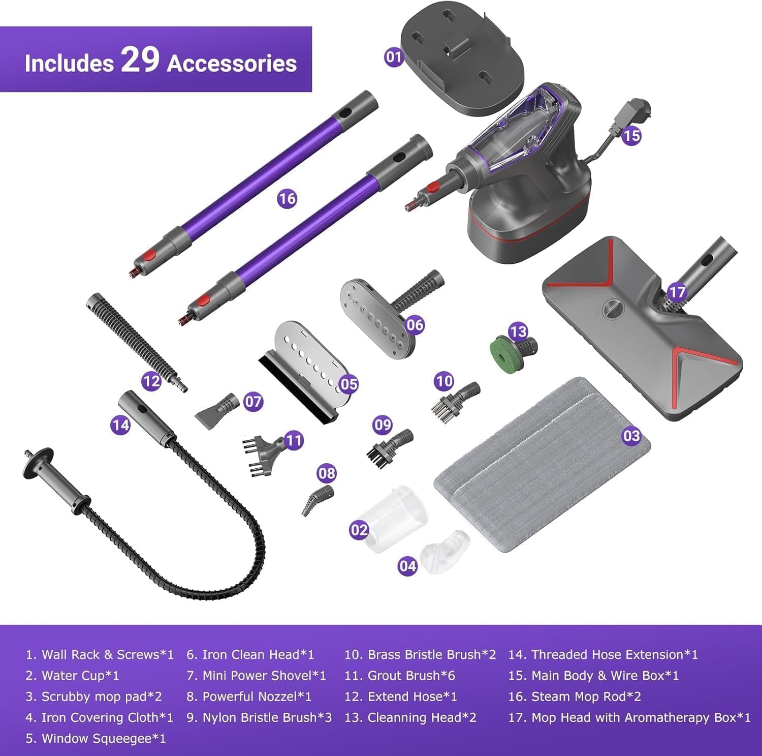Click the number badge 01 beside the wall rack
pos(394,56)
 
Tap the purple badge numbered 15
pos(631,136)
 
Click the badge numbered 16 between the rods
pos(287,198)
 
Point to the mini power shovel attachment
pos(217,410)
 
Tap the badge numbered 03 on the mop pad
pos(631,436)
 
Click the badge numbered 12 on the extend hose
pos(151,381)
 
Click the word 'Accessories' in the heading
pos(232,64)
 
